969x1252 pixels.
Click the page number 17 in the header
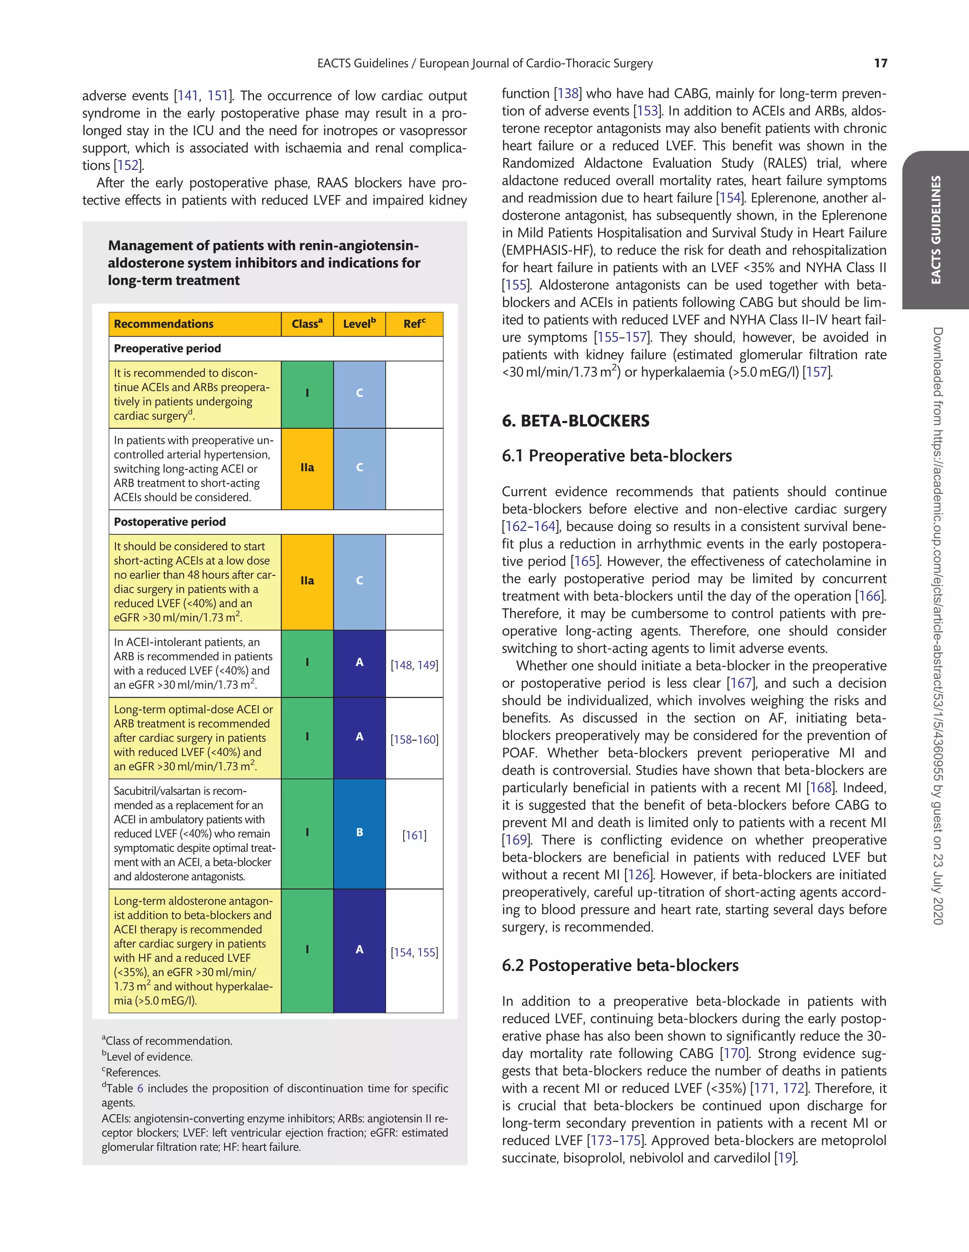880,63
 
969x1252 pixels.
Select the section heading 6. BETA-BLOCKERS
575,421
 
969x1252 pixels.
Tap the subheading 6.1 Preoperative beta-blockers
617,456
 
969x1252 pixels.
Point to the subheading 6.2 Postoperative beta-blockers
620,965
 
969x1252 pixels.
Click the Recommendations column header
163,324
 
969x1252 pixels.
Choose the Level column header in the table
359,324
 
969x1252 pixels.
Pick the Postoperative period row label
169,522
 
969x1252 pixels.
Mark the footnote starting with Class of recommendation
167,1040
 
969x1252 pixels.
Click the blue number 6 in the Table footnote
141,1088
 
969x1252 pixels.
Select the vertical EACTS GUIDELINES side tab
935,230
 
